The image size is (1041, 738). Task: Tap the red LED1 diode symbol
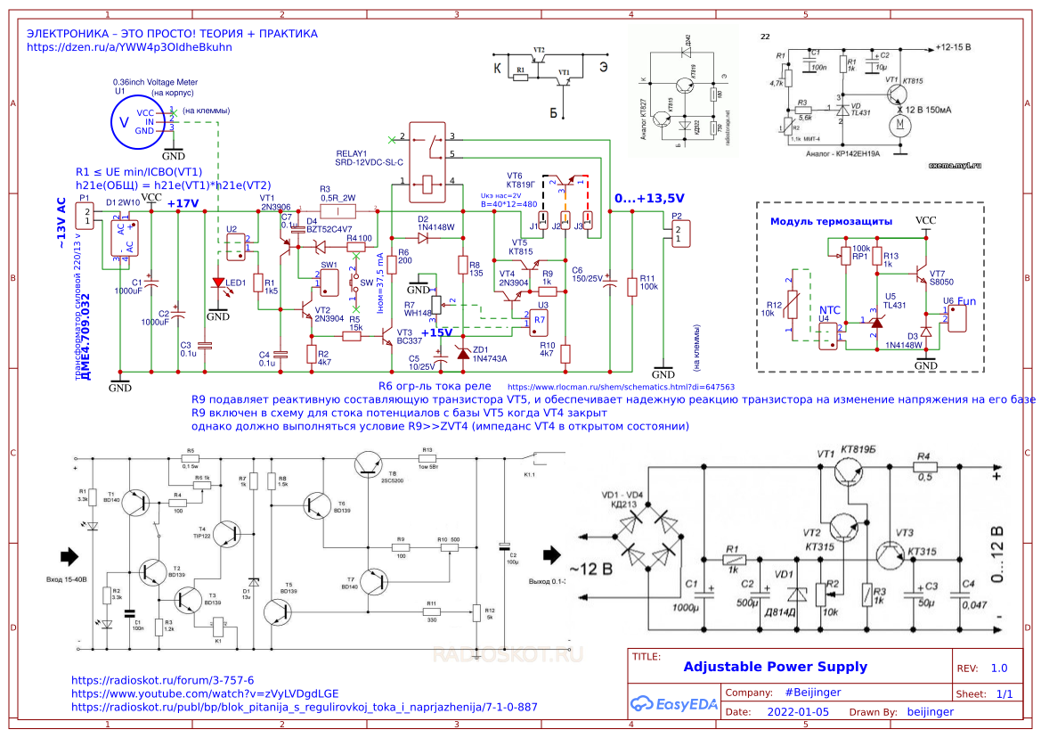coord(218,284)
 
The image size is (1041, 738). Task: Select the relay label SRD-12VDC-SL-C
coord(370,163)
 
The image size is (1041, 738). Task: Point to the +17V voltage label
coord(183,203)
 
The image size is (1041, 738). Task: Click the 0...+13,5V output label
coord(649,198)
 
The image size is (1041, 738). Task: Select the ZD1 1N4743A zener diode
coord(463,353)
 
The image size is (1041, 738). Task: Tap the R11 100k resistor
coord(631,285)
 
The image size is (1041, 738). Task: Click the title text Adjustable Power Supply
coord(775,667)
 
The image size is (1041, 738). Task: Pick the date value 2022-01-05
coord(797,712)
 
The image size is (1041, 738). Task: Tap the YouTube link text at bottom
coord(205,693)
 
